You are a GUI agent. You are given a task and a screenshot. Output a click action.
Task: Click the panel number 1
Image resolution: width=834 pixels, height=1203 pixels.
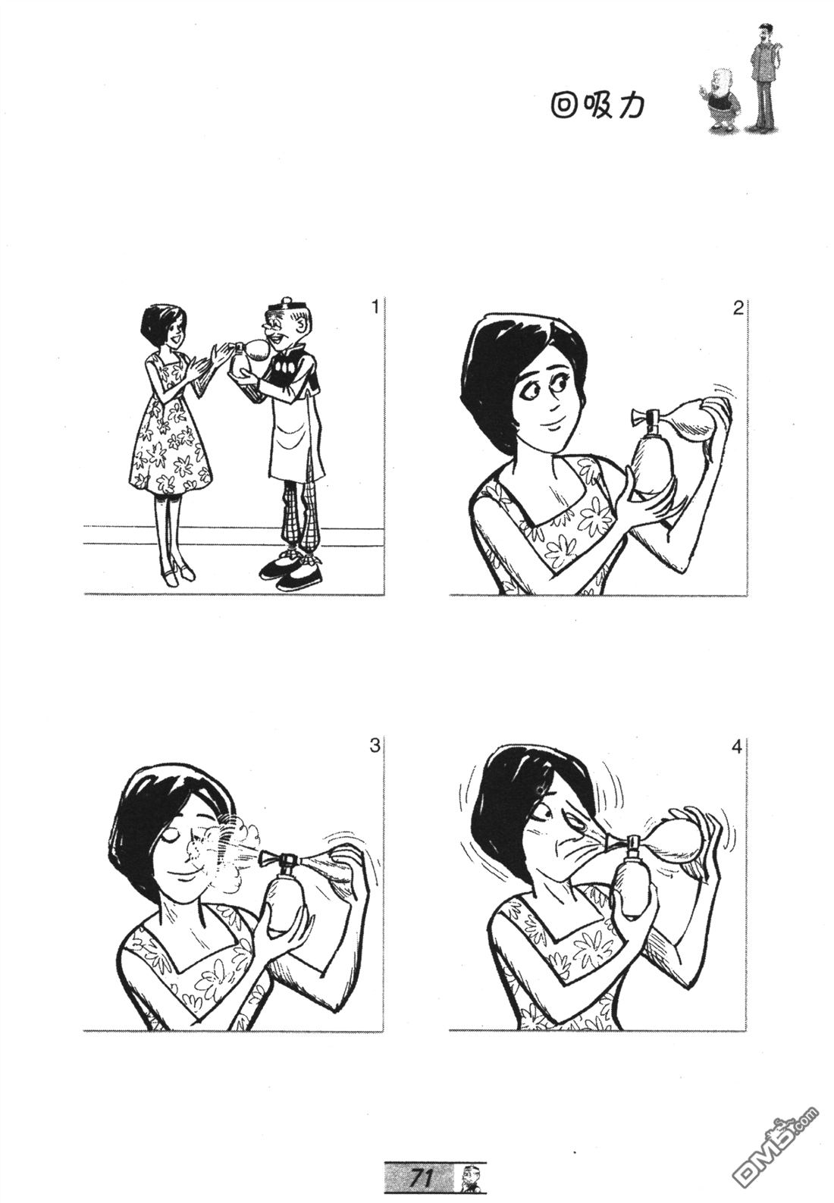tap(375, 308)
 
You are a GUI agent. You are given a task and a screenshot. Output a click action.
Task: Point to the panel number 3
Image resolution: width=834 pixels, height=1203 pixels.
tap(375, 747)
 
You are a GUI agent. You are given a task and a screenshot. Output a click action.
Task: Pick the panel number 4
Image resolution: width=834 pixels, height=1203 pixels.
tap(737, 747)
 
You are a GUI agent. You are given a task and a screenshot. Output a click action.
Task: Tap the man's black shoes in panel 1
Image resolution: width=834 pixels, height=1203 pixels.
tap(293, 572)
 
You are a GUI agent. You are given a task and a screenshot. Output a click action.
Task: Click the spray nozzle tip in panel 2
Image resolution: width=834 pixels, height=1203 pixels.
tap(635, 417)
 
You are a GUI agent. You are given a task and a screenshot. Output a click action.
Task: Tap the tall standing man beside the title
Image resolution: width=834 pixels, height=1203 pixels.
tap(763, 78)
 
